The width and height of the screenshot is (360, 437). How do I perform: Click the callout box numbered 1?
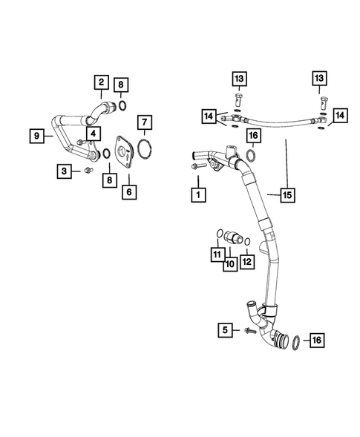pos(197,195)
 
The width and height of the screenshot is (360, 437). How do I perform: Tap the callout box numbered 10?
pos(230,263)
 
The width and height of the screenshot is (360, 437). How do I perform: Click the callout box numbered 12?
pos(246,261)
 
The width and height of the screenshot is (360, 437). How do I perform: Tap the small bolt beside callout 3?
pos(88,171)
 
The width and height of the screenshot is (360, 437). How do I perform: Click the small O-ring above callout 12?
pos(247,243)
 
